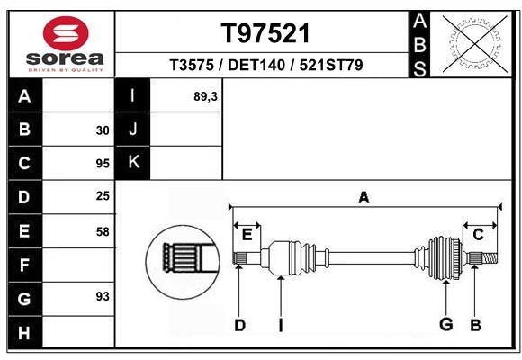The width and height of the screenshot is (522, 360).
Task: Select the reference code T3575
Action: (192, 65)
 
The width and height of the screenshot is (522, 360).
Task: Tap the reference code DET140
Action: (256, 65)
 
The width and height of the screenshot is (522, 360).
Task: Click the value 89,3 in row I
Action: (205, 96)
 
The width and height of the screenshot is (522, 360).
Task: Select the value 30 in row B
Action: (102, 130)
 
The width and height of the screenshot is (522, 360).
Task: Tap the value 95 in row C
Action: (102, 164)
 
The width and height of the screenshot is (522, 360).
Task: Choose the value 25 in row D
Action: (102, 195)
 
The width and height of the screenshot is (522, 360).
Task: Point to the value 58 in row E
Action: (102, 231)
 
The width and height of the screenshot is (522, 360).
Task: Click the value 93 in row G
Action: (102, 296)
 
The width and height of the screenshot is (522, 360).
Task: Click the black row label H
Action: (24, 334)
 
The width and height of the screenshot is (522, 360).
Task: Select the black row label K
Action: (132, 163)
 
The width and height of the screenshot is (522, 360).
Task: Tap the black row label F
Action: (24, 265)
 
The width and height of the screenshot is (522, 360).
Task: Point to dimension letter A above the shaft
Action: (364, 198)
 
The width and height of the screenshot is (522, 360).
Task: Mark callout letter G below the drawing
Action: (445, 325)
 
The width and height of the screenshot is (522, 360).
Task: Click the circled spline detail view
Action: (183, 258)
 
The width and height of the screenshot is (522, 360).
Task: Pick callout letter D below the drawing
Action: (239, 325)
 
